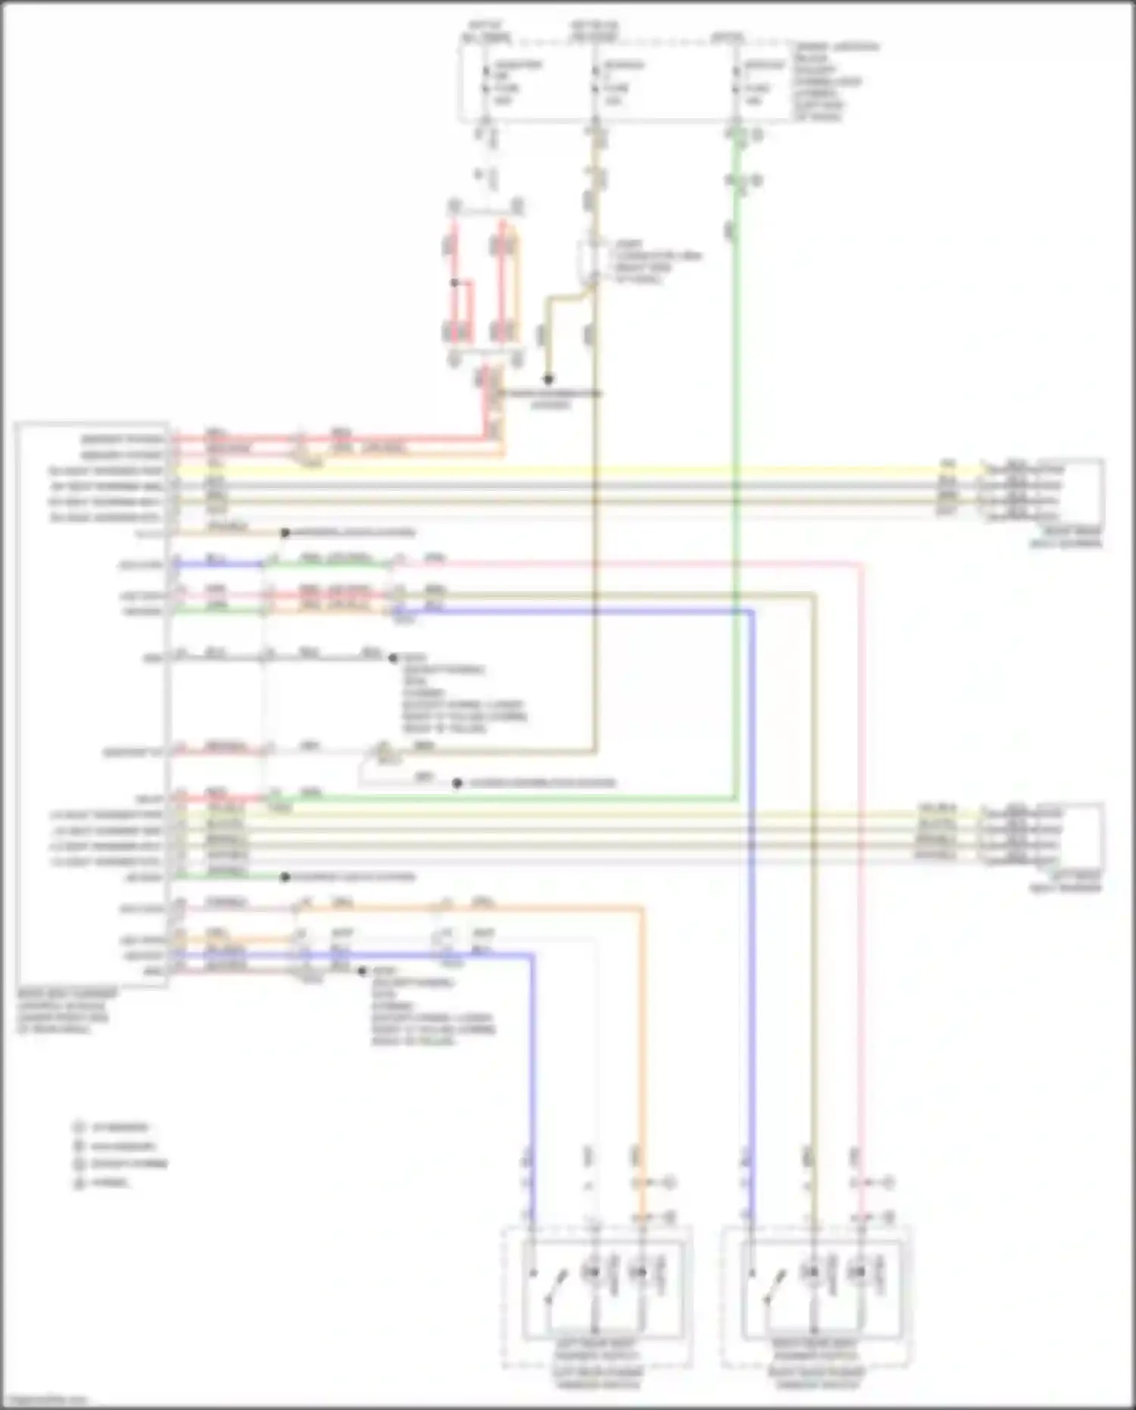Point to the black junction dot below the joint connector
tap(548, 379)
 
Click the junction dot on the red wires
tap(454, 283)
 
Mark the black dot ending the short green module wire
tap(285, 877)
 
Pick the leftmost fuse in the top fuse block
tap(486, 82)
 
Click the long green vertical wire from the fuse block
tap(735, 455)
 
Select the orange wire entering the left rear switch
tap(641, 1061)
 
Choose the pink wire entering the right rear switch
tap(860, 985)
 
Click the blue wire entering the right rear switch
tap(751, 985)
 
